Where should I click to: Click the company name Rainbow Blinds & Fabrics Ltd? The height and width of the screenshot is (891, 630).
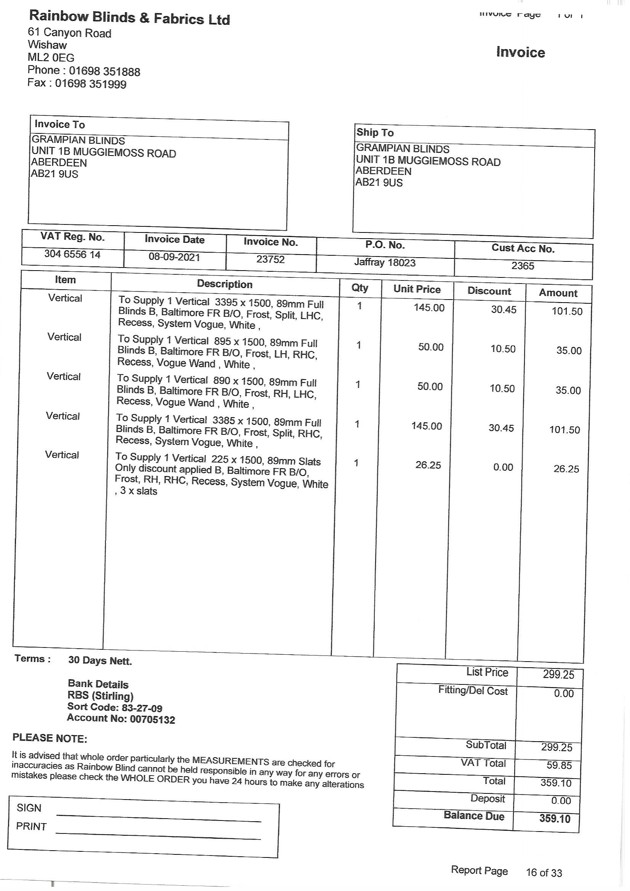click(x=130, y=18)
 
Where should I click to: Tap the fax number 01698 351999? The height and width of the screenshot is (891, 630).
click(x=90, y=84)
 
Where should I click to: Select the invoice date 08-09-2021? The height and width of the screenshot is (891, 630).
click(x=174, y=257)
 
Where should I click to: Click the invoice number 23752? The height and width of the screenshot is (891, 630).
click(x=270, y=259)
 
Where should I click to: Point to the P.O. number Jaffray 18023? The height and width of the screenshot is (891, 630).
click(x=384, y=263)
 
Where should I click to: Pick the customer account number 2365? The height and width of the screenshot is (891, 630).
click(x=523, y=266)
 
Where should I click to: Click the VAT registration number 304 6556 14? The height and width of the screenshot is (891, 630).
click(x=72, y=254)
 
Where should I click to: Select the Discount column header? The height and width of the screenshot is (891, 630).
click(x=489, y=291)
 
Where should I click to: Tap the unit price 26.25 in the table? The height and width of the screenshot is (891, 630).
click(x=428, y=465)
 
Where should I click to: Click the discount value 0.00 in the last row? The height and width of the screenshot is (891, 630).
click(x=503, y=467)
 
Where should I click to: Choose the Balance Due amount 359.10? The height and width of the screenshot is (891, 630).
click(x=555, y=819)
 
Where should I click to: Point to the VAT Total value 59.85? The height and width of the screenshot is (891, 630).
click(x=558, y=765)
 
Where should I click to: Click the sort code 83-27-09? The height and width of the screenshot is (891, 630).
click(x=142, y=708)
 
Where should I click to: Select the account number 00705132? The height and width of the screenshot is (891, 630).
click(x=152, y=720)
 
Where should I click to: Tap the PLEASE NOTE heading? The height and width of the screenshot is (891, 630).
click(x=50, y=738)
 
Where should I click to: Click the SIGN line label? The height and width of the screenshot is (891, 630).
click(x=29, y=808)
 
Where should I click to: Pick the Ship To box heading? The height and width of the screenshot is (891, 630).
click(x=375, y=133)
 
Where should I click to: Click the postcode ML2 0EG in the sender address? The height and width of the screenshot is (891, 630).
click(x=51, y=58)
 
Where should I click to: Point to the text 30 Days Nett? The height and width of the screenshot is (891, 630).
click(x=100, y=660)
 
